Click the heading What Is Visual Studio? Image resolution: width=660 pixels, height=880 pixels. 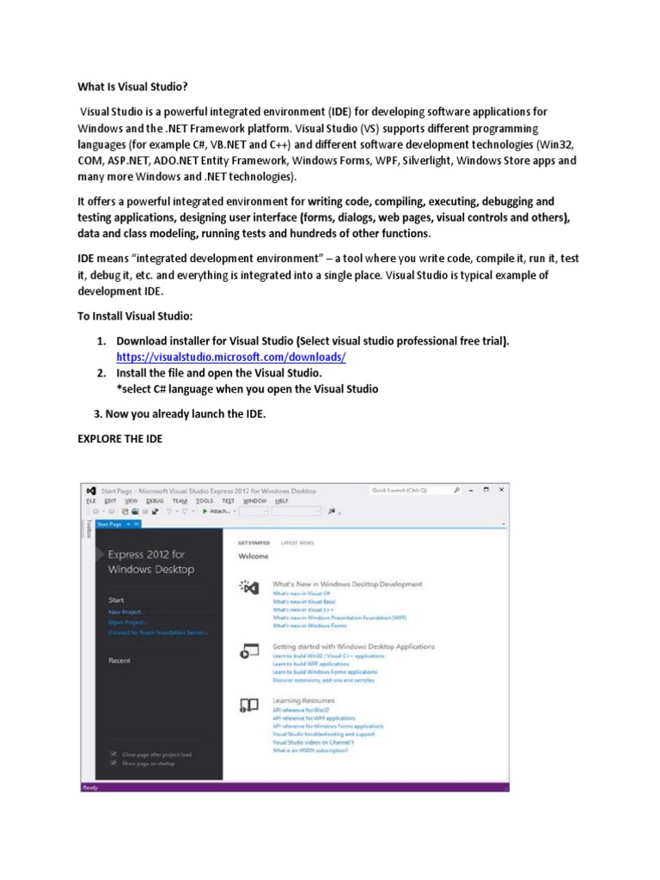[131, 88]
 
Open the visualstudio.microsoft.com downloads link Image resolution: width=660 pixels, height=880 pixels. [231, 357]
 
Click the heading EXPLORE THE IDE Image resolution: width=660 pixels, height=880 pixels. [119, 438]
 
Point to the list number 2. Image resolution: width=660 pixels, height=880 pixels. [101, 373]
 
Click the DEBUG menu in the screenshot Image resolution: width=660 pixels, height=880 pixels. [155, 500]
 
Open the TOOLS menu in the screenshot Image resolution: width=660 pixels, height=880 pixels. [204, 500]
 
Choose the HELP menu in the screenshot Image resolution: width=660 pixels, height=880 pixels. [281, 500]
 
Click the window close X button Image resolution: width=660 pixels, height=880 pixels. [502, 490]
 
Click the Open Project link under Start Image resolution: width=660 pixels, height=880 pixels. [127, 621]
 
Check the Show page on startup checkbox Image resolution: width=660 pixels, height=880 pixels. [113, 762]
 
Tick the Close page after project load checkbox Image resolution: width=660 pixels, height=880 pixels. [113, 754]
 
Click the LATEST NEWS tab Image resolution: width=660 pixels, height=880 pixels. [297, 543]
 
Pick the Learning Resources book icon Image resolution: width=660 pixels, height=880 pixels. [248, 706]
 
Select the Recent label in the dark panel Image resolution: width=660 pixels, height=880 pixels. [119, 660]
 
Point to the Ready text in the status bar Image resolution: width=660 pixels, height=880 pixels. [90, 786]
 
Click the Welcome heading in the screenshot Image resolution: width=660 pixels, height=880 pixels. [254, 557]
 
